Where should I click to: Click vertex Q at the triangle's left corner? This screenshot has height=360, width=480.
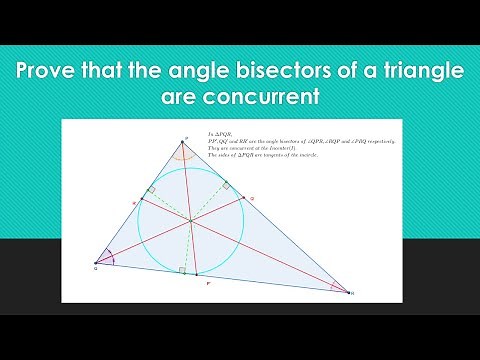(97, 263)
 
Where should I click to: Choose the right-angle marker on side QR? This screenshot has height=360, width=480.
(181, 270)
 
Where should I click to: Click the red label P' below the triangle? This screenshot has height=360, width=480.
(206, 285)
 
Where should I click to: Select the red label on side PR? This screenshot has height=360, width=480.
(253, 199)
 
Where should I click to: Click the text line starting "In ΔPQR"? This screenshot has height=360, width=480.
(219, 134)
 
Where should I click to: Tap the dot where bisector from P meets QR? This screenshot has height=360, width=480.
(198, 274)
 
